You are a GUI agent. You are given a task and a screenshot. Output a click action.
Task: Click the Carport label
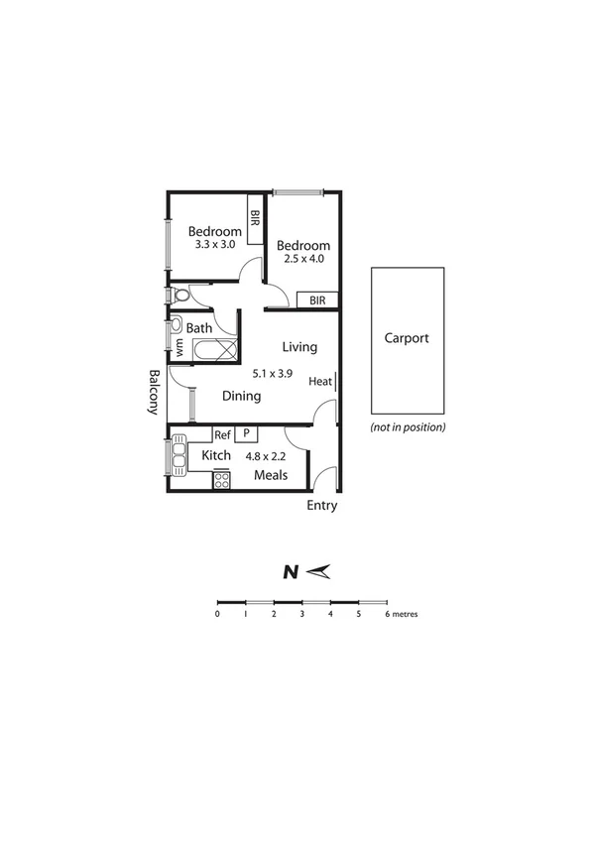(407, 338)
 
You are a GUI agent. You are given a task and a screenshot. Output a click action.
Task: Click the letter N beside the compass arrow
(291, 571)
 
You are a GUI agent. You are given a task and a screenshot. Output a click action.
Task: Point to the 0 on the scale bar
(217, 614)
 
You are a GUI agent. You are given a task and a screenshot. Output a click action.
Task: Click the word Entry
(321, 506)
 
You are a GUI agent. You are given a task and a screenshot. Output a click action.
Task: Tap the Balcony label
(155, 392)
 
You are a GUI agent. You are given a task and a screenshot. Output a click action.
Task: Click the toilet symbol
(178, 297)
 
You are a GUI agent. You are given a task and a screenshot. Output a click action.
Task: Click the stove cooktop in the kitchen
(222, 480)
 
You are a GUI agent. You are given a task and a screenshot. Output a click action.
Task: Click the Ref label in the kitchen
(222, 434)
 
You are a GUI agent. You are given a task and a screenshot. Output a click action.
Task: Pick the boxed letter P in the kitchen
(244, 434)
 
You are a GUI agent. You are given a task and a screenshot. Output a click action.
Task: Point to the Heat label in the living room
(319, 382)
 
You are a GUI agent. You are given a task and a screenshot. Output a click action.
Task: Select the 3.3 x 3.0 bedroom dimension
(214, 244)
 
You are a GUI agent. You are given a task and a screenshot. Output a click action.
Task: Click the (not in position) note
(408, 427)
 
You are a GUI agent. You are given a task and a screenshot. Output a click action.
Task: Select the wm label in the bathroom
(179, 348)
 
